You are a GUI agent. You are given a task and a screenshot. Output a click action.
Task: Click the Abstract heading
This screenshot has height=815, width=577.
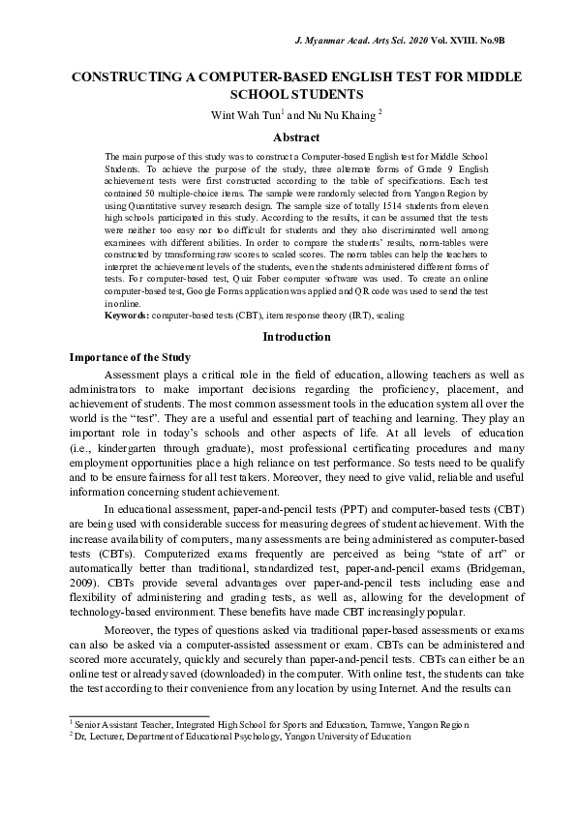pos(288,137)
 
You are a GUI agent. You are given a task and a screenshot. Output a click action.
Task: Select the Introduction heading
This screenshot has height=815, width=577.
pos(288,337)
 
